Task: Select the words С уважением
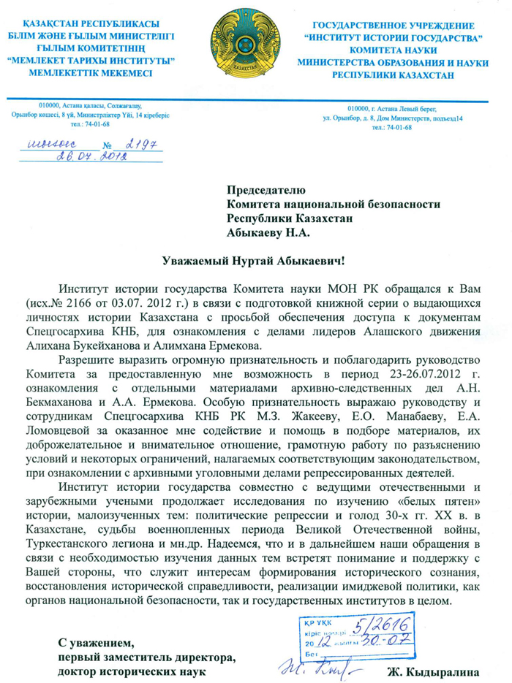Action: (97, 644)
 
